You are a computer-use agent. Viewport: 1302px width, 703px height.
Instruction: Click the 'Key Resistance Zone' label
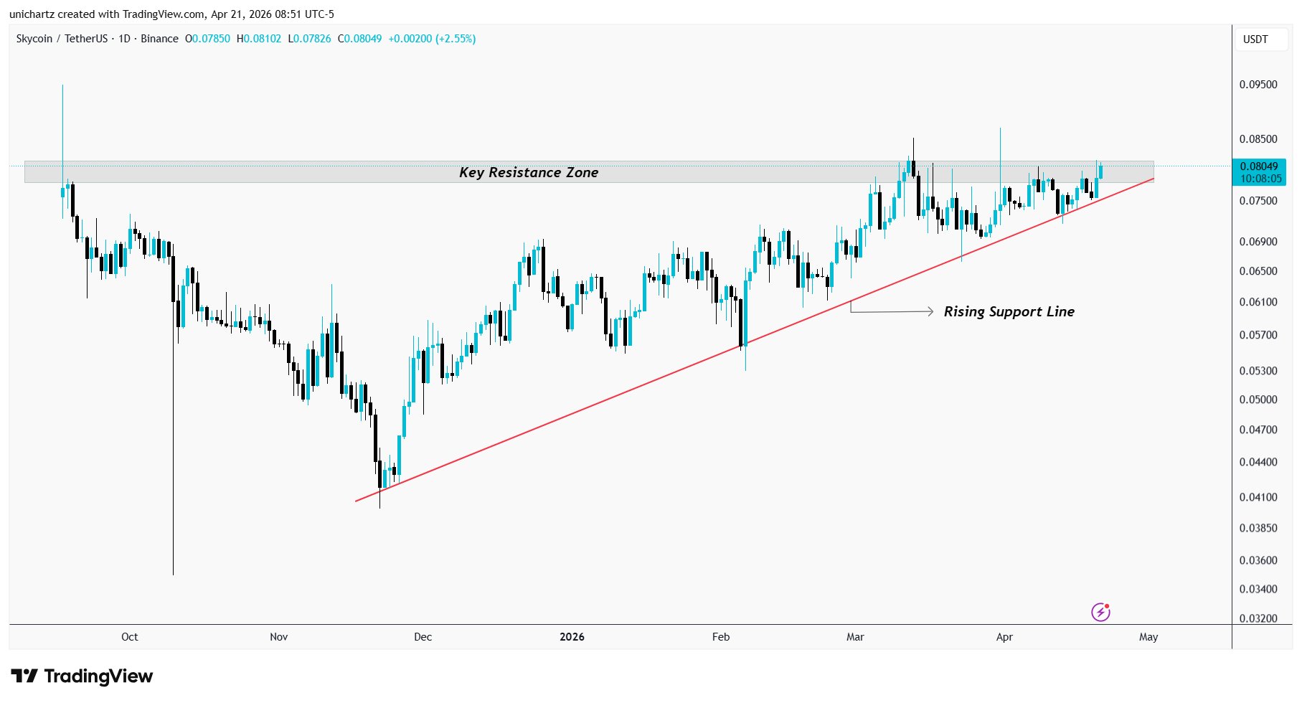tap(529, 172)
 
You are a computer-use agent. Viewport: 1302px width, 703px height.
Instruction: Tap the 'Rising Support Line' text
tap(1009, 311)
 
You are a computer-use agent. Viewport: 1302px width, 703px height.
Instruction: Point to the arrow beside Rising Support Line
tap(892, 311)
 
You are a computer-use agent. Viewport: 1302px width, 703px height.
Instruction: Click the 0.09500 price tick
tap(1258, 85)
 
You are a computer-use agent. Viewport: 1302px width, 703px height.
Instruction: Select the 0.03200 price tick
tap(1258, 618)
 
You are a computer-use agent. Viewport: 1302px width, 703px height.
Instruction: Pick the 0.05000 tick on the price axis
tap(1258, 400)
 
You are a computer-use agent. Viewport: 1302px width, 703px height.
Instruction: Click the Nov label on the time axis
tap(278, 637)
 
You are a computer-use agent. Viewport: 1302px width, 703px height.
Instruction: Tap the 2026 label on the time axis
tap(572, 637)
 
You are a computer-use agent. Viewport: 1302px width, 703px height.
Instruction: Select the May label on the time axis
tap(1148, 637)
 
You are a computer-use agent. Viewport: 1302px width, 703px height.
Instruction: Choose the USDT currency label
tap(1255, 39)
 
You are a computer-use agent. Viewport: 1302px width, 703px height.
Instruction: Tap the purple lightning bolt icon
tap(1100, 612)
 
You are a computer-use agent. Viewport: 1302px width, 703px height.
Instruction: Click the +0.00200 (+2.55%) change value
tap(432, 39)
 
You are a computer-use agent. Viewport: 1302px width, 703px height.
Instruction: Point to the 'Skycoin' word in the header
tap(34, 39)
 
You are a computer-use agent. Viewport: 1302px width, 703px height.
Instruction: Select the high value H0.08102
tap(259, 39)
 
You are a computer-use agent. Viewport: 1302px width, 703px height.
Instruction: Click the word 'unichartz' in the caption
tap(32, 14)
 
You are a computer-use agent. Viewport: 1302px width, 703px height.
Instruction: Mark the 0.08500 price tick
tap(1258, 139)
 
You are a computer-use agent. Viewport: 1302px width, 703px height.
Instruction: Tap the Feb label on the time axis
tap(720, 637)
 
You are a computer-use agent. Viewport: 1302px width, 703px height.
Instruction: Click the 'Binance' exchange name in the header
tap(159, 39)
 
